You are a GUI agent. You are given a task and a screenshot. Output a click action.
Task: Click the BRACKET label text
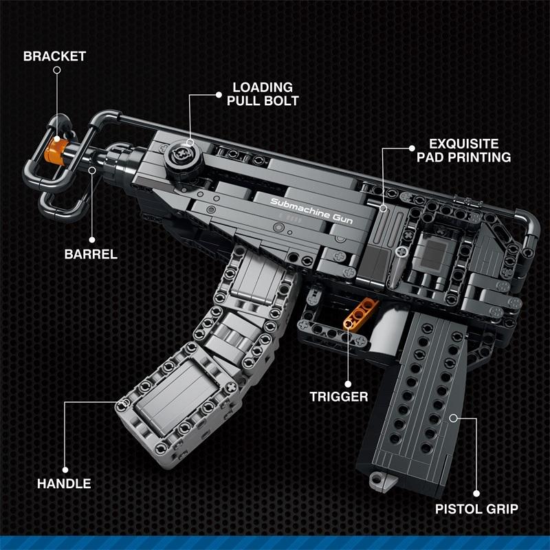[x=55, y=56]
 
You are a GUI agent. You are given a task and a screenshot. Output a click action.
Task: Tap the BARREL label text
[x=91, y=254]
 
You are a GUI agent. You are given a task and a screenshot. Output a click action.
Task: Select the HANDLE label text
[x=64, y=484]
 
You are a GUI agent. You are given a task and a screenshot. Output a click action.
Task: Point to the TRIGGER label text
[x=339, y=397]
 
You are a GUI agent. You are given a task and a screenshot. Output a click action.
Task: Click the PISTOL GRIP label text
[x=476, y=509]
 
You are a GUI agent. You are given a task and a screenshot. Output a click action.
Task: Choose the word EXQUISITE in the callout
[x=463, y=144]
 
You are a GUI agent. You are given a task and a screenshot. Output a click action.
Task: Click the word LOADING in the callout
[x=263, y=87]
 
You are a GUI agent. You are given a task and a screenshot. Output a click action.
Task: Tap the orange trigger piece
[x=360, y=314]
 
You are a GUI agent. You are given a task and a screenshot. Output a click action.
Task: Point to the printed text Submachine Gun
[x=311, y=210]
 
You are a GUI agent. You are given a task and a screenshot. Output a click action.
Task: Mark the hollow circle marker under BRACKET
[x=57, y=70]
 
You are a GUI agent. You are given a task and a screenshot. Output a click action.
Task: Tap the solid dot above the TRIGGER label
[x=348, y=384]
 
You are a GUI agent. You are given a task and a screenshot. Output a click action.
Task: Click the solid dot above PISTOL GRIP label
[x=476, y=494]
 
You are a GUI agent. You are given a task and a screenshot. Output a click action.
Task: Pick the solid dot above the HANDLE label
[x=65, y=470]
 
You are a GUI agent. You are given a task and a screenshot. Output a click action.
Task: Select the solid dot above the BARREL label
[x=92, y=240]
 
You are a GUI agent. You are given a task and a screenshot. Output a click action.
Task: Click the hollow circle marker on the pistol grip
[x=454, y=418]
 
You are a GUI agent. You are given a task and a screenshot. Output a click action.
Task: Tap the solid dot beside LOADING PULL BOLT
[x=219, y=95]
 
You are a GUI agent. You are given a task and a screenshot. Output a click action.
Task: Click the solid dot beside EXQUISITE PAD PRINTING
[x=412, y=148]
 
